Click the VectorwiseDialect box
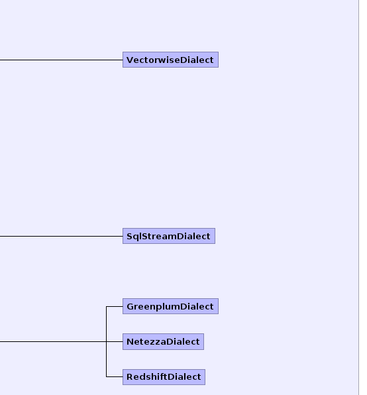click(170, 60)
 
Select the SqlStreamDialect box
click(169, 236)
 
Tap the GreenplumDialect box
click(170, 306)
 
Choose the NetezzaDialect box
click(163, 341)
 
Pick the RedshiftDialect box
click(164, 377)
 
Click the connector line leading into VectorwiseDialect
click(61, 60)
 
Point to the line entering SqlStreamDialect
click(61, 237)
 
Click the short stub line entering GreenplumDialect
click(115, 307)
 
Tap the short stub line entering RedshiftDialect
click(115, 377)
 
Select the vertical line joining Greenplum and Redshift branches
click(107, 341)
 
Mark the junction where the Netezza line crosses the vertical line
click(107, 341)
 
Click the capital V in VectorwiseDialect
click(129, 60)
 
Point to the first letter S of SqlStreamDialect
click(130, 237)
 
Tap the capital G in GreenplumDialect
click(130, 307)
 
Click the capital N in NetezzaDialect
click(130, 342)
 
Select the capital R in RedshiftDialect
click(130, 377)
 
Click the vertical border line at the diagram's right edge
click(358, 197)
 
